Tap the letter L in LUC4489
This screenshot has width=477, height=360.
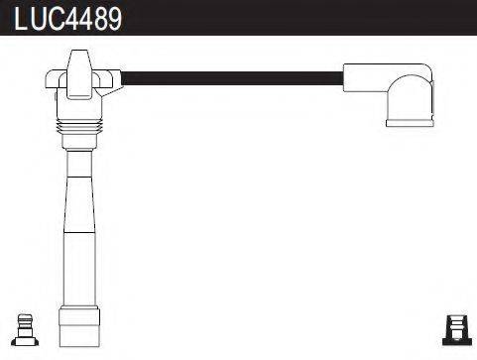[x=19, y=19]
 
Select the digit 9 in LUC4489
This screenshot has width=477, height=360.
[x=113, y=19]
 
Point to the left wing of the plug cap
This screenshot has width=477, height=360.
[x=54, y=80]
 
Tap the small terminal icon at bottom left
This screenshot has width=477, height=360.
[x=27, y=329]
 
